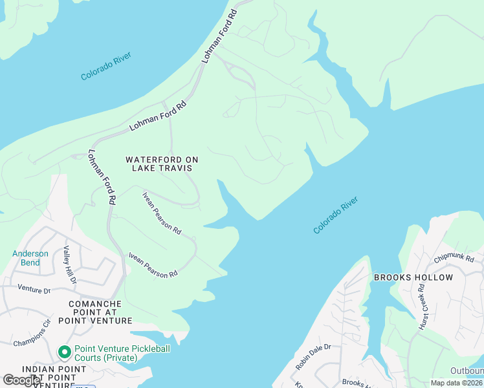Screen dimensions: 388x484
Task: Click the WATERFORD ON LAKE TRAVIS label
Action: click(162, 164)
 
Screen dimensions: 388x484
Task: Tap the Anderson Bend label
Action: click(30, 258)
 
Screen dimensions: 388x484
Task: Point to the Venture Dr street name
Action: click(34, 290)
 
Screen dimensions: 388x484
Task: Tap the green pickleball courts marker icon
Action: click(64, 352)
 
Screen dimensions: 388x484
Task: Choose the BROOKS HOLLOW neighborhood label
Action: click(413, 277)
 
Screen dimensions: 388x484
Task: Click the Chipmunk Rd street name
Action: click(459, 257)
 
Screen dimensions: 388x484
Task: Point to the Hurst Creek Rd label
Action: click(425, 310)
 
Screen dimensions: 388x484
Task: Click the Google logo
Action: click(21, 380)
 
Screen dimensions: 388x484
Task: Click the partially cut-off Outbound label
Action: click(467, 371)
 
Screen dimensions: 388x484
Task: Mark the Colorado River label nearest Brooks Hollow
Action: click(335, 215)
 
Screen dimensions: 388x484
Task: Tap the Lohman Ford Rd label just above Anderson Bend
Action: click(102, 178)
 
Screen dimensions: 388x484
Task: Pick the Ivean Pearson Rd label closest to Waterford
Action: click(162, 213)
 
